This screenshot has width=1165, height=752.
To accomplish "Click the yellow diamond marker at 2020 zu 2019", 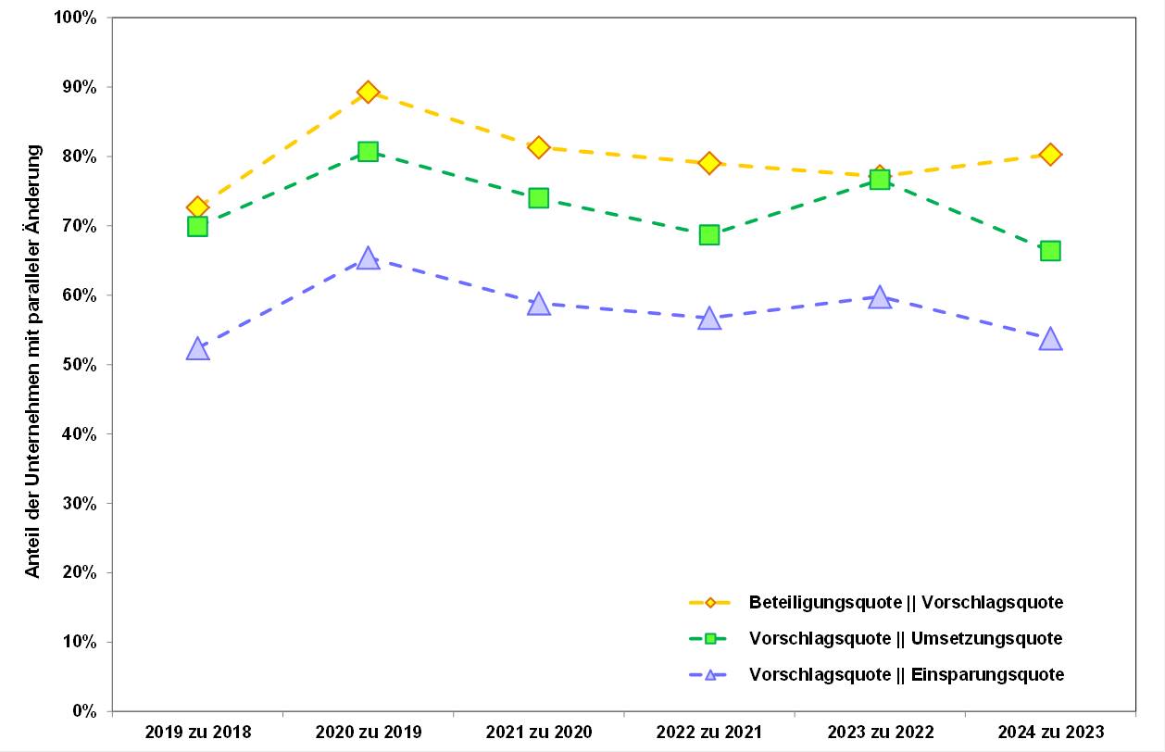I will [368, 92].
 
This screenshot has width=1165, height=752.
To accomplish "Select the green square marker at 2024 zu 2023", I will [1049, 251].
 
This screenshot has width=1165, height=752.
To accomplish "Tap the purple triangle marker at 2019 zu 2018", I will [197, 349].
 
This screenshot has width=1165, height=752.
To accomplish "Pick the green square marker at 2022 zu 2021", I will [708, 234].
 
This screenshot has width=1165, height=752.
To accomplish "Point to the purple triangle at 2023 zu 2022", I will [879, 297].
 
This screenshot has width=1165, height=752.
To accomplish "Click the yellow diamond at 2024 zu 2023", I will [1049, 155].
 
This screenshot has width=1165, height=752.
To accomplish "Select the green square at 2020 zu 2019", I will [368, 152].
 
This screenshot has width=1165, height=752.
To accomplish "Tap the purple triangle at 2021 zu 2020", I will [538, 305].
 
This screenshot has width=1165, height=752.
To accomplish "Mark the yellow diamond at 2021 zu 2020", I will [538, 147].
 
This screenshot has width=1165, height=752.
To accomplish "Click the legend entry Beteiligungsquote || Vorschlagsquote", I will [906, 603].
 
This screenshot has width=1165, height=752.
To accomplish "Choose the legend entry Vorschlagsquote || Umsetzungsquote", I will [906, 639].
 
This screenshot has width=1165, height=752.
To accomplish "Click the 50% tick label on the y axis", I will [81, 365].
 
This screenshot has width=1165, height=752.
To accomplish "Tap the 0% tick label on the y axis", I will [84, 711].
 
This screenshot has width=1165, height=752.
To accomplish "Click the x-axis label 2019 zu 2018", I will [197, 733].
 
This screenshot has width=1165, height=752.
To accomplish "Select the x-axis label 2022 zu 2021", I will [708, 733].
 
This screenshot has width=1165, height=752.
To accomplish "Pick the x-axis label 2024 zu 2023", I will [1049, 733].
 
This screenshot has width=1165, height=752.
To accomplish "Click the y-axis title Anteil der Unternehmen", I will [33, 361].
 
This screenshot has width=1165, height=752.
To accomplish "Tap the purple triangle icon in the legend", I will [710, 675].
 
